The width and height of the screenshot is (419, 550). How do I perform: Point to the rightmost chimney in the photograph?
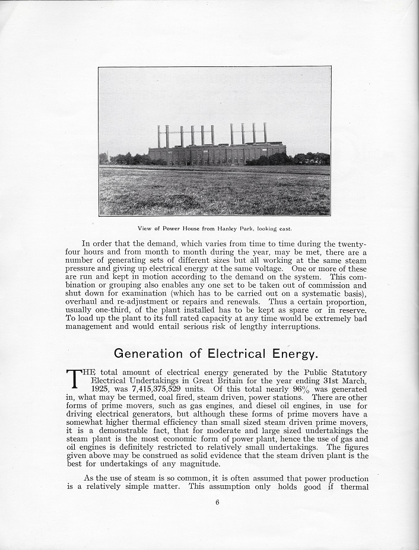point(265,133)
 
